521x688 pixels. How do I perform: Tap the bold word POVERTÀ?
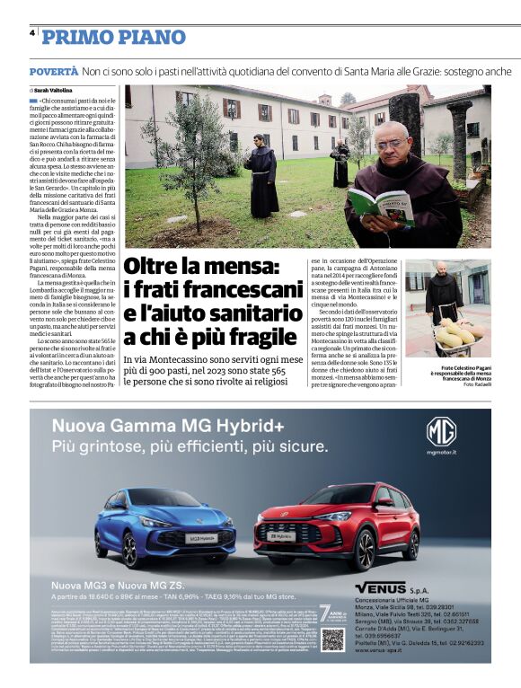tap(53, 70)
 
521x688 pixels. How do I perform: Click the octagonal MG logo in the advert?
tap(441, 433)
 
